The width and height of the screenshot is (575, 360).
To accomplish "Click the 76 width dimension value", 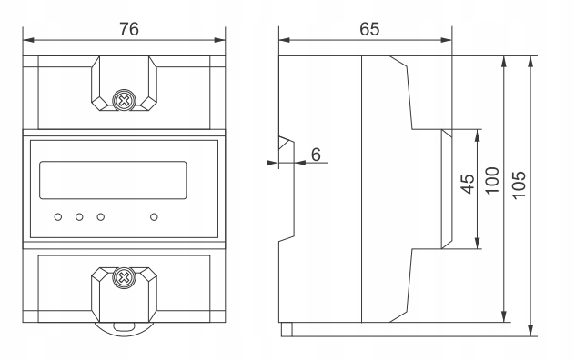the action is point(129,29).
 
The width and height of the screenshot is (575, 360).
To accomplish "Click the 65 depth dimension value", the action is point(369,29).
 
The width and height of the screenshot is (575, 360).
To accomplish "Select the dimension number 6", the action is point(316,155).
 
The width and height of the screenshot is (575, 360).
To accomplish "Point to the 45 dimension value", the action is point(468,184).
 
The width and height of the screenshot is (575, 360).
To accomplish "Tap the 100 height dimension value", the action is point(492,180).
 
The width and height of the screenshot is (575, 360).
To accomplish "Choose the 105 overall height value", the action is point(519,185).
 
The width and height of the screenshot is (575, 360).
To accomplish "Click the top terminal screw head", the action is point(125,100).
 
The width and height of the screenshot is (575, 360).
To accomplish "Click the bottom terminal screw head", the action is point(125,277).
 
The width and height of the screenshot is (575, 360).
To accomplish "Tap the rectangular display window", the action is point(113,180).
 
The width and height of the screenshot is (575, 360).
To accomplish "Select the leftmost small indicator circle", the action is point(58,217).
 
